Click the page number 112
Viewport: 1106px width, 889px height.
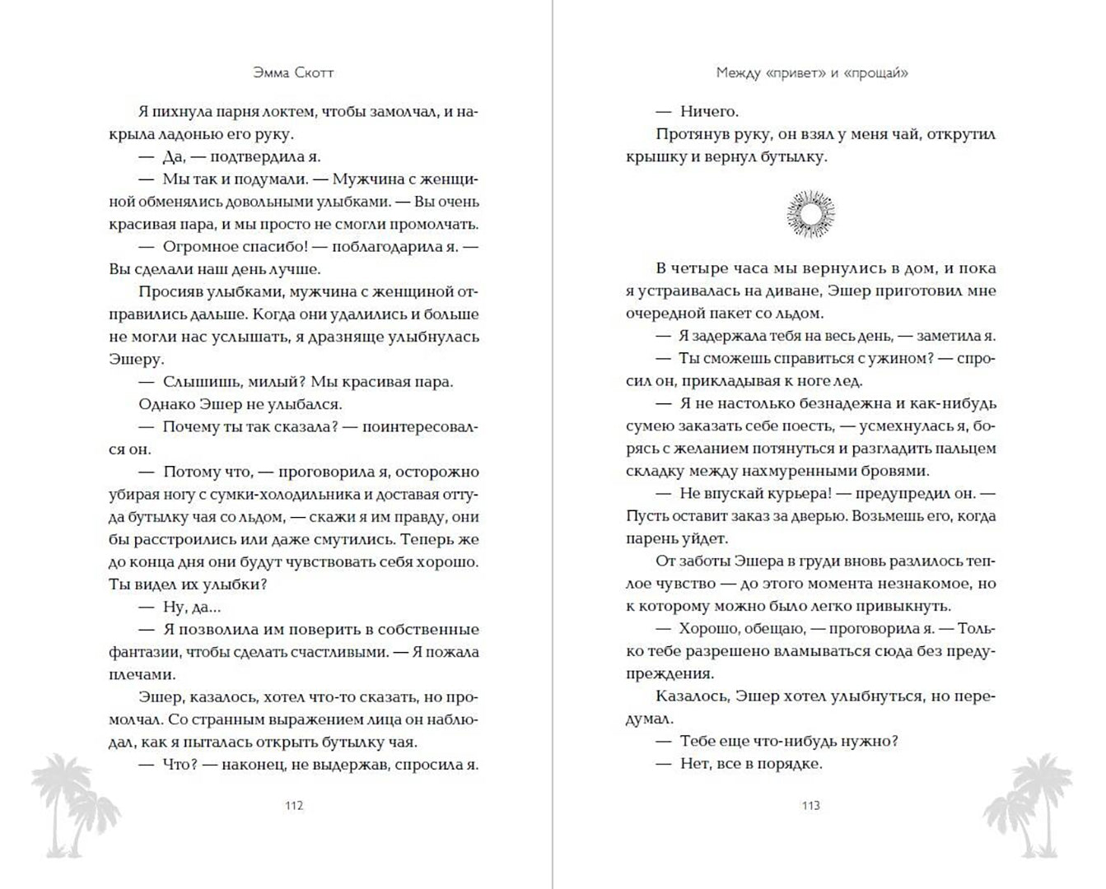click(294, 805)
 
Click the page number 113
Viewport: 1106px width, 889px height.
click(810, 805)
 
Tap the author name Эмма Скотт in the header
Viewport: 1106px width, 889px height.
click(294, 72)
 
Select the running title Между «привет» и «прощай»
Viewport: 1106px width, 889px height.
click(811, 72)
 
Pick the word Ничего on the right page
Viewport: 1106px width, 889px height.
click(709, 111)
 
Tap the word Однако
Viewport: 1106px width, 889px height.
click(167, 404)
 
